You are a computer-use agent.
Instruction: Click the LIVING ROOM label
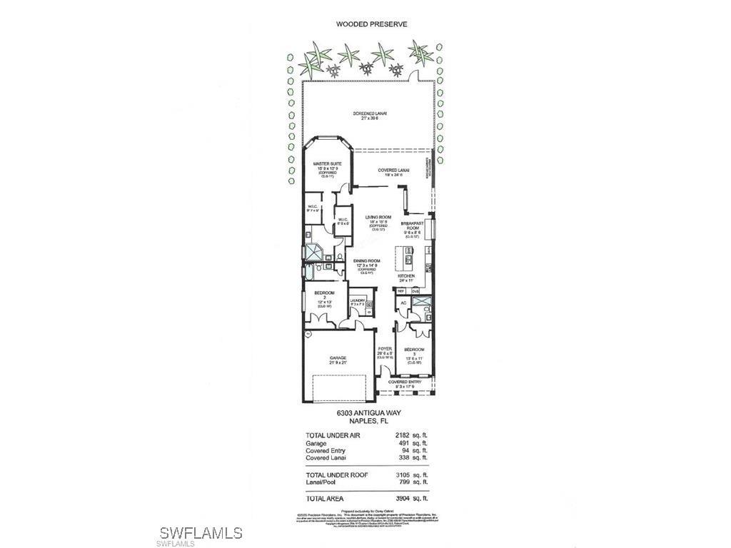[378, 217]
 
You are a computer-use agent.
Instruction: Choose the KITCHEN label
[406, 275]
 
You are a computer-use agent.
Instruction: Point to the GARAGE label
[338, 357]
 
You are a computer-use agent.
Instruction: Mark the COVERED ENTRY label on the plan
[405, 382]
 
